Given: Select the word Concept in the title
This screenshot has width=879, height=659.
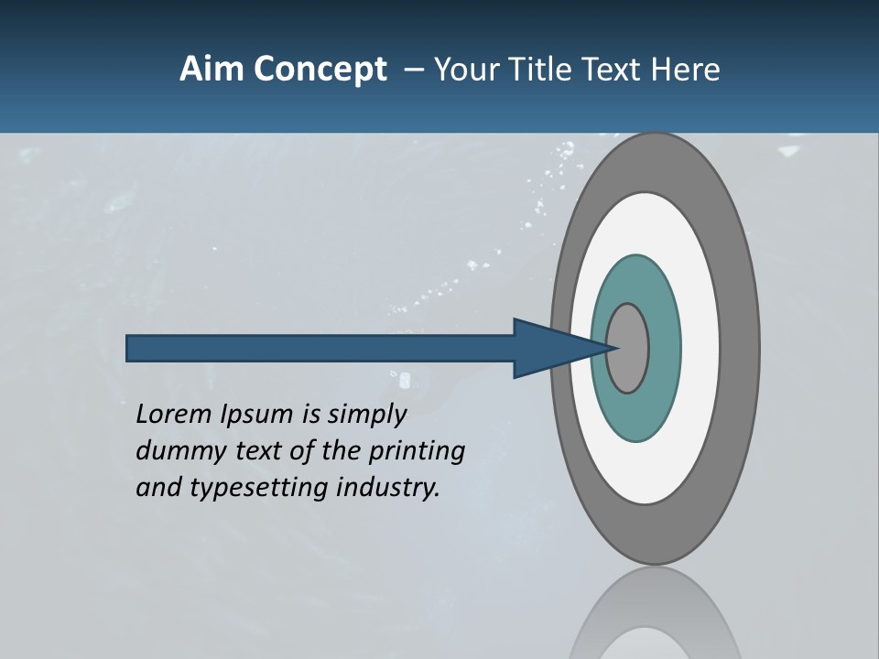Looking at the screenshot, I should [320, 70].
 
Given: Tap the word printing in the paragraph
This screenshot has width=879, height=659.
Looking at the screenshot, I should [416, 451].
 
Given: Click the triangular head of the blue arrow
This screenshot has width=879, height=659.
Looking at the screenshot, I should [549, 348].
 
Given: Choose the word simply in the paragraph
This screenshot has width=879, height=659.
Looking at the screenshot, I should [366, 415].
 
